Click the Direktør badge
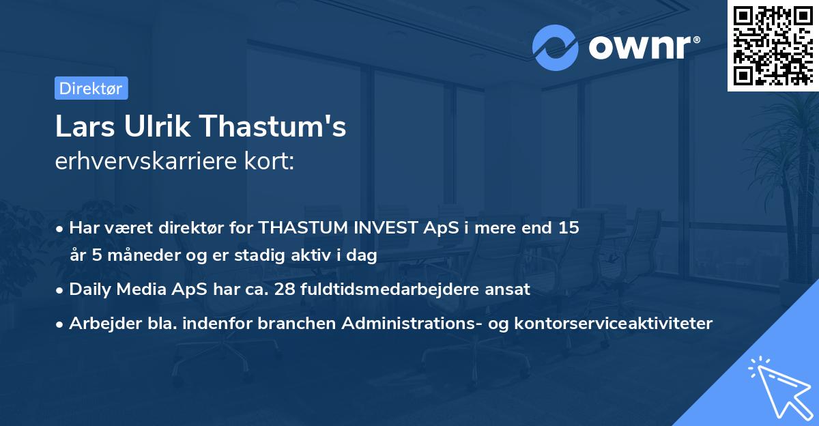point(91,88)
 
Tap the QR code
point(773,45)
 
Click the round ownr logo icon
point(556,48)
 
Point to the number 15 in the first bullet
point(569,227)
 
